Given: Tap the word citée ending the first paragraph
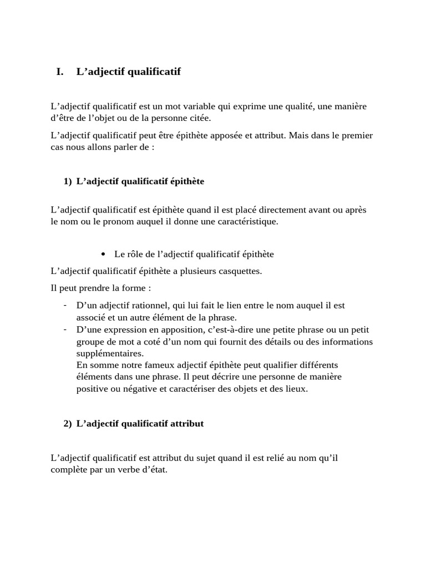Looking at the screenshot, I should (x=200, y=118).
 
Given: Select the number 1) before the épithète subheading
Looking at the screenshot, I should (x=68, y=181).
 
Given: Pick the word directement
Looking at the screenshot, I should (x=261, y=210).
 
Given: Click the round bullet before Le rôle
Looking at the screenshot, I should (x=104, y=255).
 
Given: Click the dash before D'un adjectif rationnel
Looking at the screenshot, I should (x=65, y=305).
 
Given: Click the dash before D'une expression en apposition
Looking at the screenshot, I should (x=65, y=329).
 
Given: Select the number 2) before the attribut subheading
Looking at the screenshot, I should (x=68, y=423).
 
